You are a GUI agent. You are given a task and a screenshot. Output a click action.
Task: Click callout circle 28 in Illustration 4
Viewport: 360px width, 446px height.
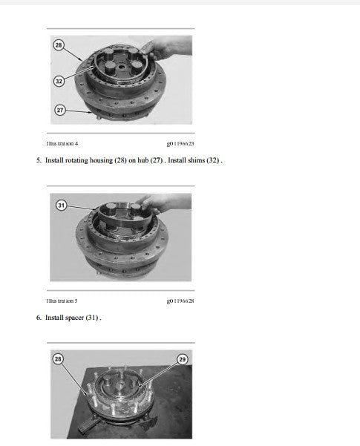59,45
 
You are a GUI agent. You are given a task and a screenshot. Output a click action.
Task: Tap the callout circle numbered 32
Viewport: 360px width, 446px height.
59,81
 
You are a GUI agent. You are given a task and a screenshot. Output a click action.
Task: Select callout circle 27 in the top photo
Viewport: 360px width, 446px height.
60,110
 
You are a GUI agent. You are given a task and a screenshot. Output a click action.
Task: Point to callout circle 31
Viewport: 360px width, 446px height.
61,205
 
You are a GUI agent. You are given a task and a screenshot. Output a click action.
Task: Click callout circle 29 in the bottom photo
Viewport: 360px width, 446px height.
182,359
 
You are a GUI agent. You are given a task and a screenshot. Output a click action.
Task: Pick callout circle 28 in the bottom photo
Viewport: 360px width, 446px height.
58,358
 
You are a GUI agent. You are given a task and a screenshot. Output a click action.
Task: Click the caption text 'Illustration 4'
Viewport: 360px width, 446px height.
62,144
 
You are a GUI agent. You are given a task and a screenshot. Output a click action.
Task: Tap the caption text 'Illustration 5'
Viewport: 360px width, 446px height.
62,301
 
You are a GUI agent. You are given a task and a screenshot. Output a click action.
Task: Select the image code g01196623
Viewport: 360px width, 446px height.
180,144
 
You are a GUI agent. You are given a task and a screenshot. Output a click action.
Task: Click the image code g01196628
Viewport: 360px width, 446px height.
180,301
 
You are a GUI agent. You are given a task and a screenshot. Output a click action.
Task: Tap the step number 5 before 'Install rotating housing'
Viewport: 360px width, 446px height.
39,160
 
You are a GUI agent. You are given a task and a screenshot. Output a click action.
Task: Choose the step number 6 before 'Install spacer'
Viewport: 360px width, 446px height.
39,318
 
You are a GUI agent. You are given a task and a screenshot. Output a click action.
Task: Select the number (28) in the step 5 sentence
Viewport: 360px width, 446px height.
120,160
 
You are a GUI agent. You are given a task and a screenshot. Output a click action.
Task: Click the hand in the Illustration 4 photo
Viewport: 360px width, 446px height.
167,48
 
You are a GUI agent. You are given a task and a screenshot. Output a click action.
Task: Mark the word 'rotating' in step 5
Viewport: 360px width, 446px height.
77,160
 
